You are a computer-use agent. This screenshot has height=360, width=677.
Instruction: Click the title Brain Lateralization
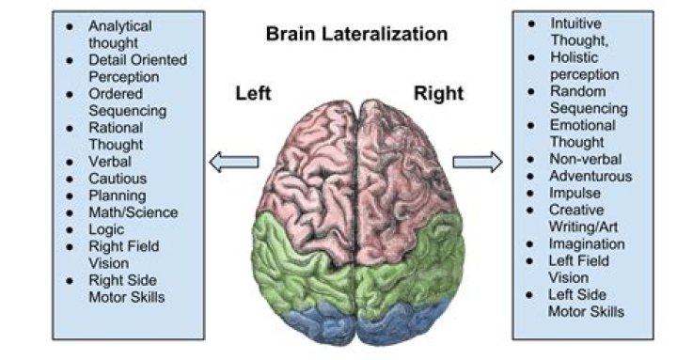click(x=356, y=34)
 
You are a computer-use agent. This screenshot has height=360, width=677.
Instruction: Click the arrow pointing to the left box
click(x=233, y=163)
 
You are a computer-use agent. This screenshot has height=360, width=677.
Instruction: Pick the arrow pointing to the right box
click(x=477, y=163)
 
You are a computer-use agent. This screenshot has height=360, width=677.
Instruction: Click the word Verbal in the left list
click(x=110, y=162)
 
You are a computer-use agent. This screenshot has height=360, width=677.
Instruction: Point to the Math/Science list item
click(x=133, y=212)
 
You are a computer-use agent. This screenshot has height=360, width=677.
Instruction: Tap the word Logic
click(x=106, y=229)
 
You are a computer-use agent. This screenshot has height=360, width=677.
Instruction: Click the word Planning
click(x=118, y=196)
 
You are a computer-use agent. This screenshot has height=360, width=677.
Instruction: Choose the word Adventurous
click(x=591, y=176)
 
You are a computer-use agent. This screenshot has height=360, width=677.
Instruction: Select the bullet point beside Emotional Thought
click(x=532, y=125)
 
